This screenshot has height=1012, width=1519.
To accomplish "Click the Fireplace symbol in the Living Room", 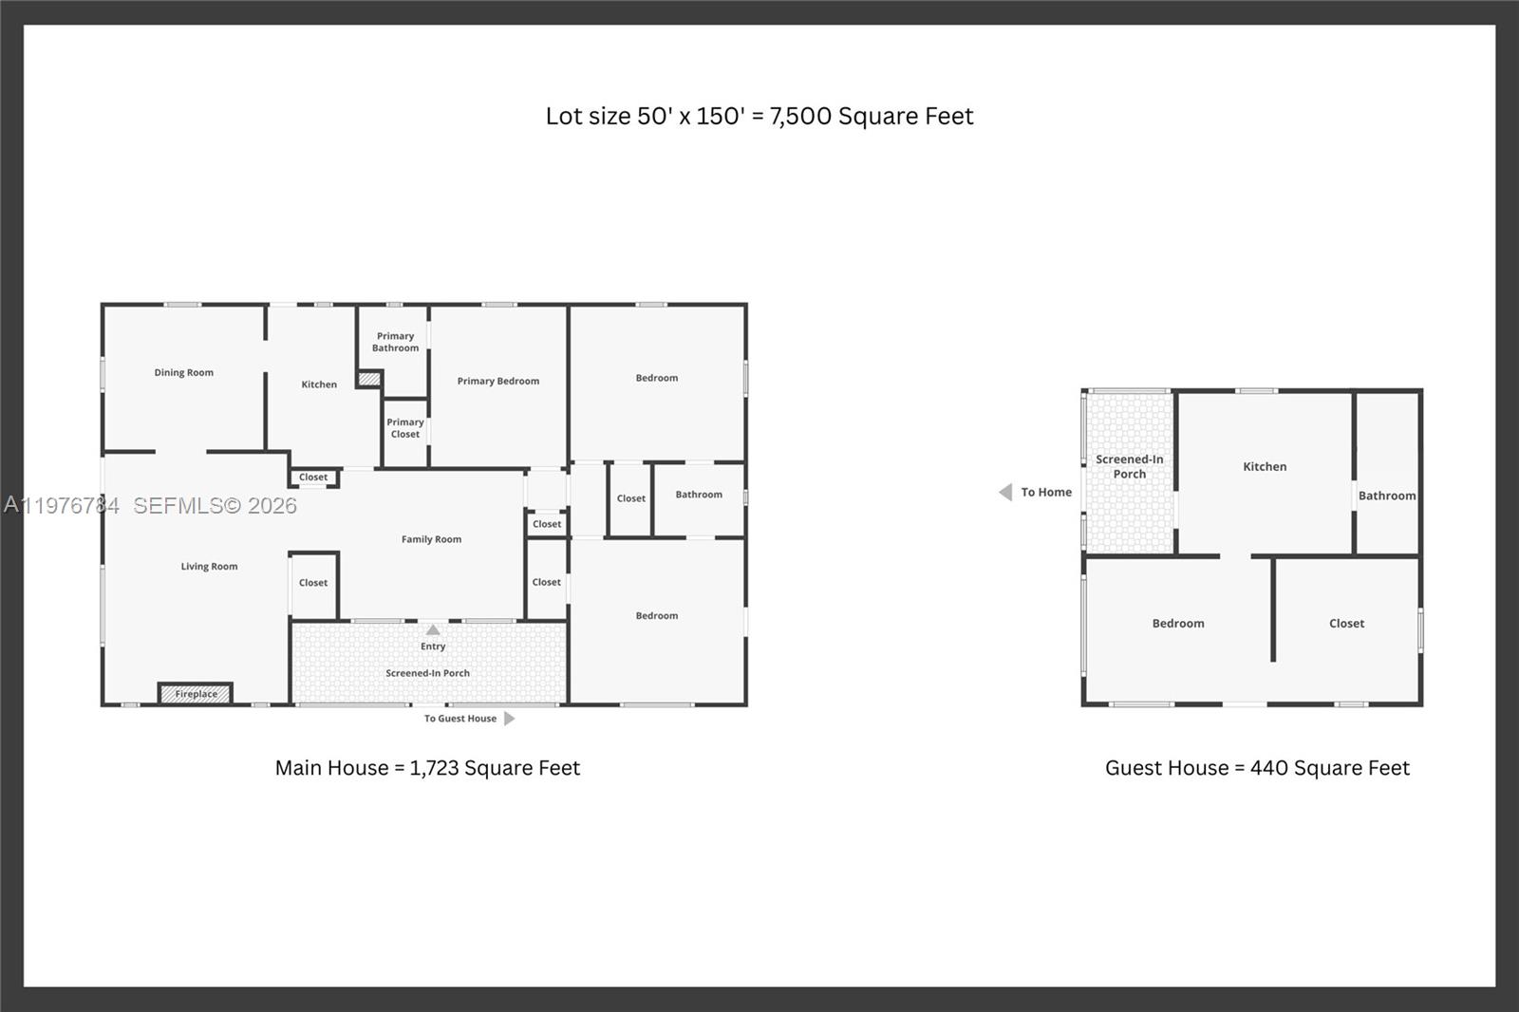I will click(x=196, y=694).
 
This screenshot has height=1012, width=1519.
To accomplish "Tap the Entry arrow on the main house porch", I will click(x=433, y=630).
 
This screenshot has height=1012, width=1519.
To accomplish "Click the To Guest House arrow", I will click(x=509, y=719).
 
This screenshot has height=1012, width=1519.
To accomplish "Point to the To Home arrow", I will click(x=1005, y=492).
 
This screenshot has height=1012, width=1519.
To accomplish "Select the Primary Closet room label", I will click(x=405, y=428).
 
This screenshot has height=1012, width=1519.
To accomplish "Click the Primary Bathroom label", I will click(x=395, y=342).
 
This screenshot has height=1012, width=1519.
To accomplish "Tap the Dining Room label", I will click(x=184, y=373).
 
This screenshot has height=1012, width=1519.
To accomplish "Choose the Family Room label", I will click(x=431, y=539).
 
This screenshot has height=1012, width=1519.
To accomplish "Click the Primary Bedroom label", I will click(x=498, y=381).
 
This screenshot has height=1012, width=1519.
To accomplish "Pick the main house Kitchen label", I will click(x=319, y=384).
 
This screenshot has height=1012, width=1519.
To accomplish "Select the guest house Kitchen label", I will click(x=1265, y=467).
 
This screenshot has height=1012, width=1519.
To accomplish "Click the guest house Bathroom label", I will click(x=1387, y=496).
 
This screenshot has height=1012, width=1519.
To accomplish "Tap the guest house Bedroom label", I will click(x=1178, y=624).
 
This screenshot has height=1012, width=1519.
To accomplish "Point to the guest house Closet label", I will click(x=1346, y=624).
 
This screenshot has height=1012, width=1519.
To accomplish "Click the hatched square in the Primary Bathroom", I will click(x=368, y=379).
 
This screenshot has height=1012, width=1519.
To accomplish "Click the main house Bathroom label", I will click(x=699, y=495).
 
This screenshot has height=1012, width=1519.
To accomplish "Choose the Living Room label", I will click(x=210, y=567).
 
